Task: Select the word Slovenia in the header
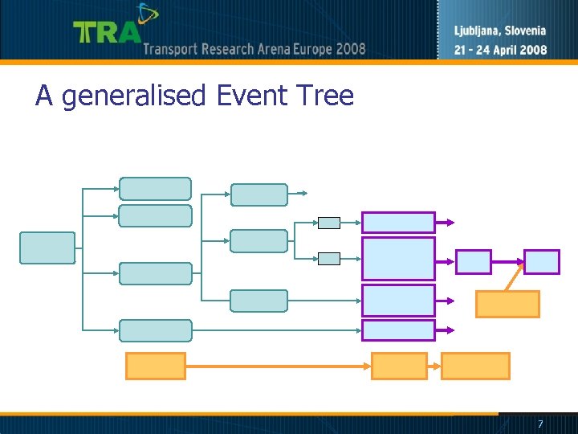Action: [x=527, y=31]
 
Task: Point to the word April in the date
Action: [x=503, y=49]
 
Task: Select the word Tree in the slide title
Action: [x=325, y=96]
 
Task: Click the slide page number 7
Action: [x=540, y=424]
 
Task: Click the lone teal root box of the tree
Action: [x=47, y=248]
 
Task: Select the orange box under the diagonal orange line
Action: [x=507, y=304]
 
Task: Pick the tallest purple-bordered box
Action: [x=398, y=258]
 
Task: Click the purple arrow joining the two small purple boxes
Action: [x=507, y=261]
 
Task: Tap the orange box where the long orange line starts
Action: [x=156, y=366]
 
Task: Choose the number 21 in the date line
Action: [x=462, y=49]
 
